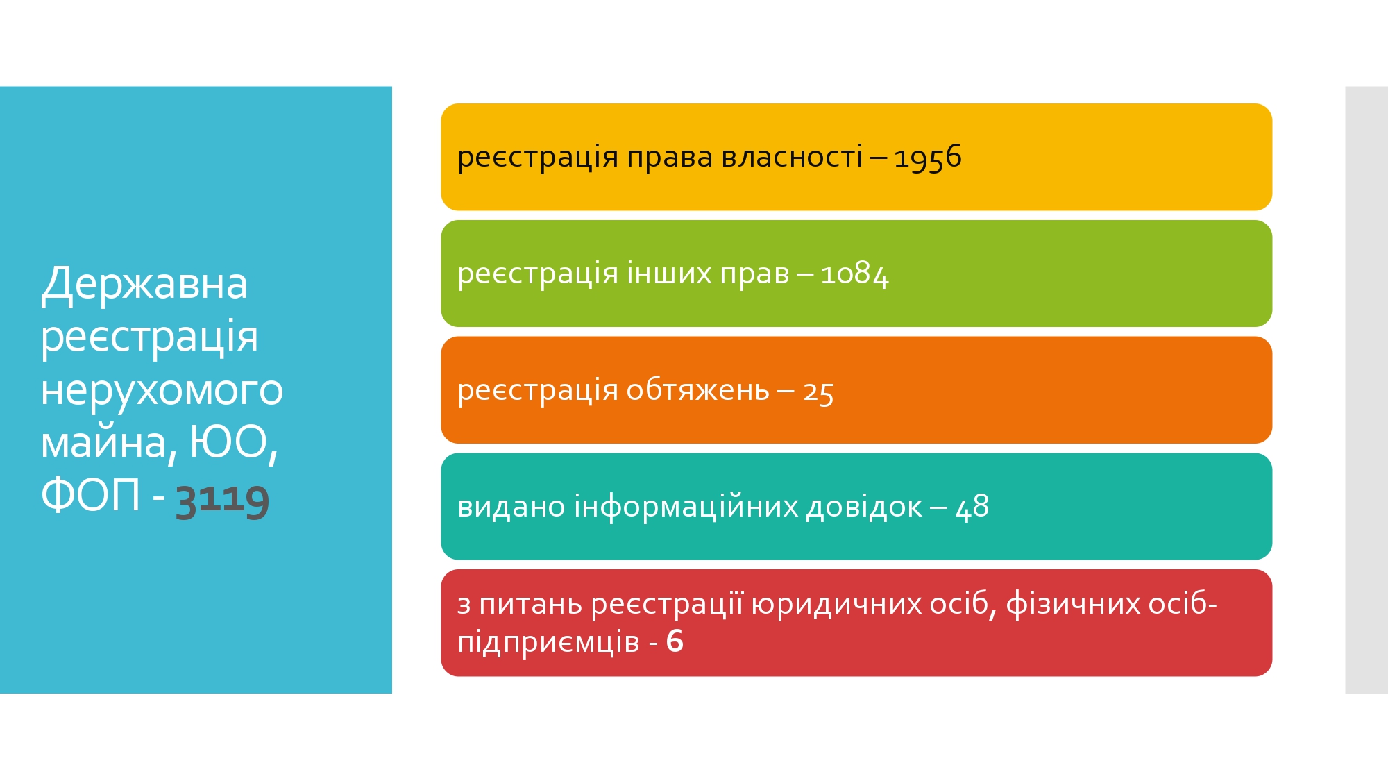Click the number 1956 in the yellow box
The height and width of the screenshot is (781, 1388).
tap(927, 158)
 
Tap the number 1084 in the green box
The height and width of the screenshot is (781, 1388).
tap(854, 274)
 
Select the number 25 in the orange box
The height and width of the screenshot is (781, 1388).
tap(818, 392)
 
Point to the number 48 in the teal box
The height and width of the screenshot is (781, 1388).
tap(972, 507)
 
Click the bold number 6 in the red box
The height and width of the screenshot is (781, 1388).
tap(675, 641)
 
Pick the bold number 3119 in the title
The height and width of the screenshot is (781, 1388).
tap(222, 498)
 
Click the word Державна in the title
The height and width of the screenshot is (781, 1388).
tap(144, 284)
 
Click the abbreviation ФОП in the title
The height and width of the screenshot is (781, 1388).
tap(91, 495)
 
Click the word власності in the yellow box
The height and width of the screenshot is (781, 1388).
tap(792, 156)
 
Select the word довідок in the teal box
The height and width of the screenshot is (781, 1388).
tap(864, 506)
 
